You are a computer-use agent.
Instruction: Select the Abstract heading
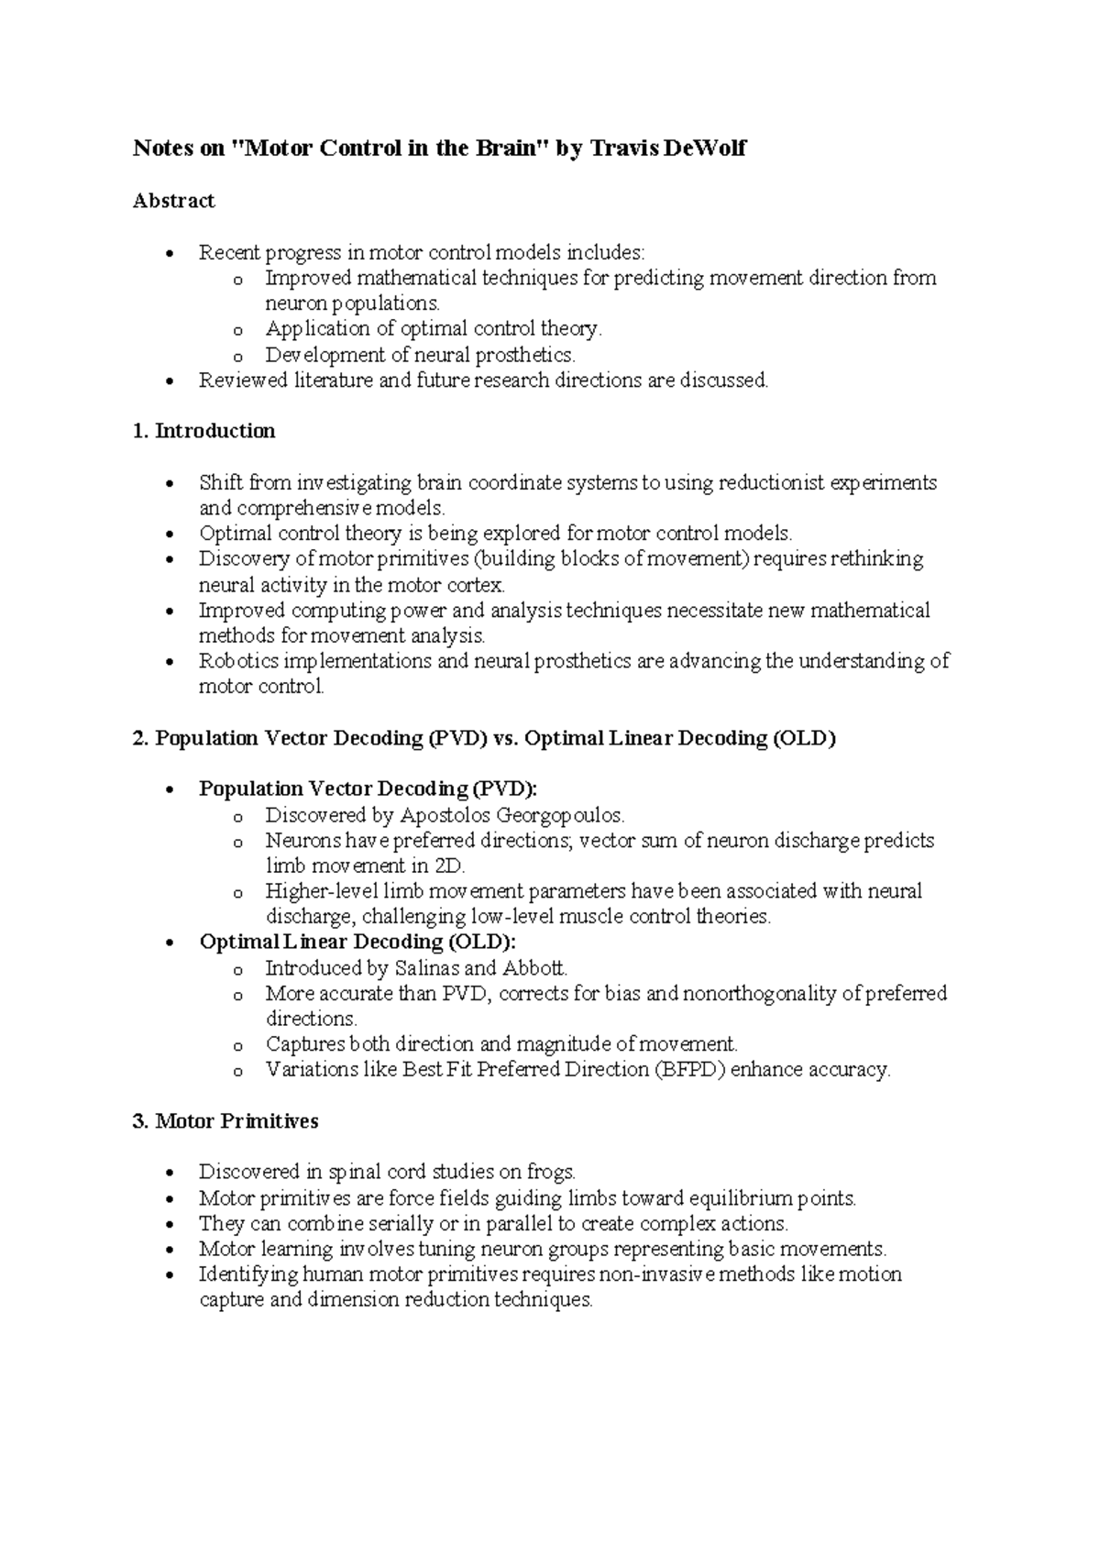point(173,201)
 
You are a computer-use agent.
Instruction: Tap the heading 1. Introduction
point(203,431)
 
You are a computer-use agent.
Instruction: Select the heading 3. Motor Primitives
point(225,1120)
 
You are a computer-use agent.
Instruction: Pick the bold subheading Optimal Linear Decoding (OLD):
point(357,943)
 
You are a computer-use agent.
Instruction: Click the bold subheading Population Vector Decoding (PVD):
point(368,789)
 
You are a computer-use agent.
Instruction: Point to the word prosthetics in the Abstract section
point(528,355)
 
